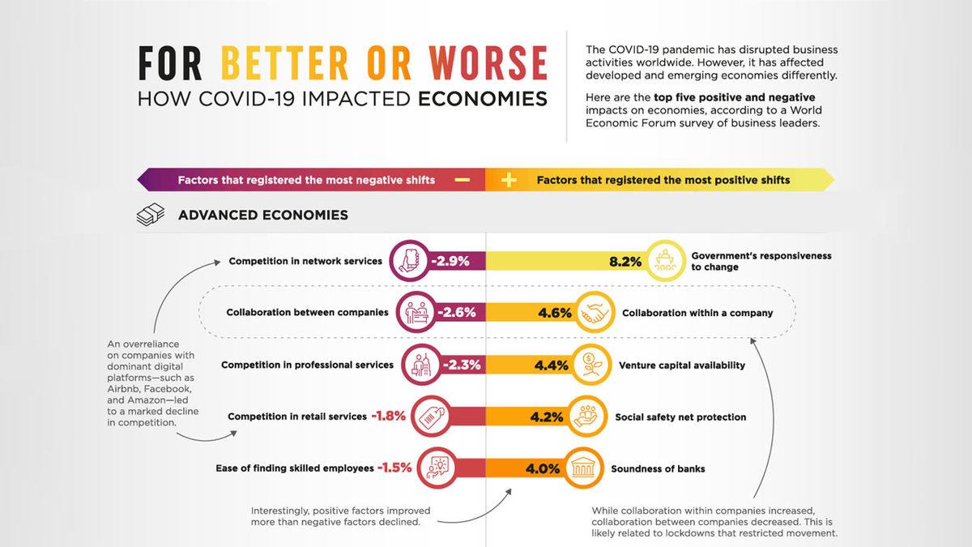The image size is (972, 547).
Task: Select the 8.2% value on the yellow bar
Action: point(625,262)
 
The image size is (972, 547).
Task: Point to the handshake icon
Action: point(595,313)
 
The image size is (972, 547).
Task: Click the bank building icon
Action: point(583,468)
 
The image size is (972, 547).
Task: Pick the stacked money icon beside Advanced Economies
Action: point(150,216)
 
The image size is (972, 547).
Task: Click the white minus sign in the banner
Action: point(463,180)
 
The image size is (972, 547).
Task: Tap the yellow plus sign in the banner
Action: point(509,180)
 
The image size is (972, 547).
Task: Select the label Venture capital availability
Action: point(681,365)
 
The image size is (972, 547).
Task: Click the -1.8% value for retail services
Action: point(390,417)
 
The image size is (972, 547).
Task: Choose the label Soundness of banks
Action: point(657,468)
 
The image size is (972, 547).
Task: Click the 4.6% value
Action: point(555,313)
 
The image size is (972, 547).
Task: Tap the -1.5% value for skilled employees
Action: point(394,468)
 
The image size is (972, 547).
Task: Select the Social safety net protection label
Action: point(680,417)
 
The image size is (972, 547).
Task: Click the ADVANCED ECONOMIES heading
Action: point(263,215)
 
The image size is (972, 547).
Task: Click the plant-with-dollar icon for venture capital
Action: point(590,365)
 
